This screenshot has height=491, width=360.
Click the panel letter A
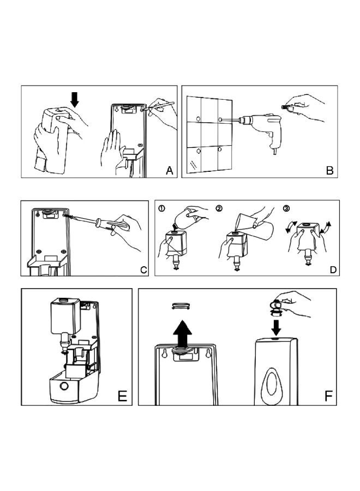click(x=170, y=171)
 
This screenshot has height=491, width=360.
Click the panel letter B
click(x=329, y=171)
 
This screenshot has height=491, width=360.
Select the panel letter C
click(x=143, y=269)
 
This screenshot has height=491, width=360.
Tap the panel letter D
click(x=332, y=269)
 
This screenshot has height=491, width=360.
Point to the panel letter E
click(x=123, y=396)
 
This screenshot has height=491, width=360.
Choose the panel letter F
click(x=328, y=396)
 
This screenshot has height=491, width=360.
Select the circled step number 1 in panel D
click(x=161, y=208)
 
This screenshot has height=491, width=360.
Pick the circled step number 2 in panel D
click(x=219, y=208)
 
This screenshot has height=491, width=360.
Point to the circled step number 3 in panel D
click(x=287, y=208)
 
